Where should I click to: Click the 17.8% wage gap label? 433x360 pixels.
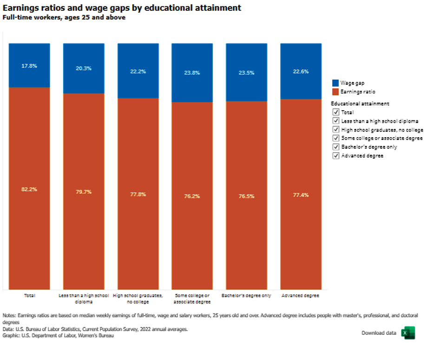(29, 66)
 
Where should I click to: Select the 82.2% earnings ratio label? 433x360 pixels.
(29, 189)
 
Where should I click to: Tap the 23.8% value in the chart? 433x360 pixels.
(192, 73)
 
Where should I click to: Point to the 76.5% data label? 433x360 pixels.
(246, 196)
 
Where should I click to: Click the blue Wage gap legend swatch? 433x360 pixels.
(336, 83)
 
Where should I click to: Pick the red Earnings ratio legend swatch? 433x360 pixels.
(336, 92)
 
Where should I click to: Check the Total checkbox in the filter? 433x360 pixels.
(336, 112)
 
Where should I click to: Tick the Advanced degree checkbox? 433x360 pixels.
(336, 156)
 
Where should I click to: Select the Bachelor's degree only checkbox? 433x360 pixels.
(336, 147)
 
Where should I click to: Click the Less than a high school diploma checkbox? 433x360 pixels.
(336, 121)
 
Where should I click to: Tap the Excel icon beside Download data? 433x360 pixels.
(408, 333)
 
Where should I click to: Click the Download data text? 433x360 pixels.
(379, 333)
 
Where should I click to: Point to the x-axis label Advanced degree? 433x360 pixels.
(301, 295)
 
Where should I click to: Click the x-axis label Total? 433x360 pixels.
(29, 295)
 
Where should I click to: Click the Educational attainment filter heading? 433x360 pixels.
(360, 104)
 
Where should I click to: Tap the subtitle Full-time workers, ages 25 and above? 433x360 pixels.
(64, 18)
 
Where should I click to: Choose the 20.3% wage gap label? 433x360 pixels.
(84, 68)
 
